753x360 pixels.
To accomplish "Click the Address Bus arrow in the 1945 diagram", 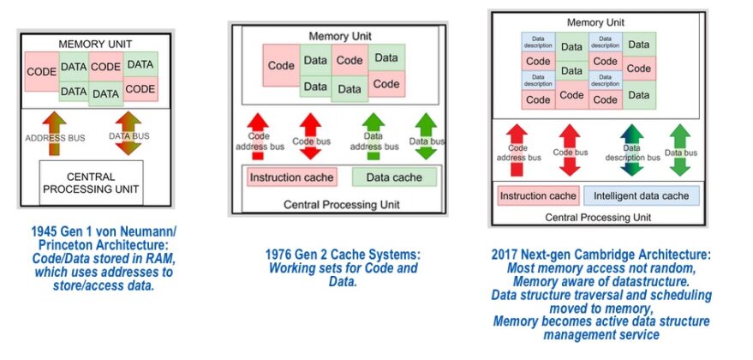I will click(54, 134).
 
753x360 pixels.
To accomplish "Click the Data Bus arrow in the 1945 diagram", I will click(128, 134).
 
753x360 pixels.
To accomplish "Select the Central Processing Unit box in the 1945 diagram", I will click(91, 183).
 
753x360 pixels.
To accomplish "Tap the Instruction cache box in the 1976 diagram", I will click(291, 177).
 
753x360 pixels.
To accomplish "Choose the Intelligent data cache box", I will click(641, 195).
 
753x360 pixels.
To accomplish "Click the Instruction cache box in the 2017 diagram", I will click(538, 195).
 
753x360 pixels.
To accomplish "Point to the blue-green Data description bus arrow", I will click(630, 149).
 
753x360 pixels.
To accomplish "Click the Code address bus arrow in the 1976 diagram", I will click(258, 136).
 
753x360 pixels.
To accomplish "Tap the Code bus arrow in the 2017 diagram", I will click(570, 149).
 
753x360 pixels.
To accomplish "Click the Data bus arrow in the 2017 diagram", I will click(679, 149).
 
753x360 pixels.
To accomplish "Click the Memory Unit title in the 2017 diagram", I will click(596, 21).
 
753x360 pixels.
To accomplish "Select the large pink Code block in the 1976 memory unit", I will click(281, 66).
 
